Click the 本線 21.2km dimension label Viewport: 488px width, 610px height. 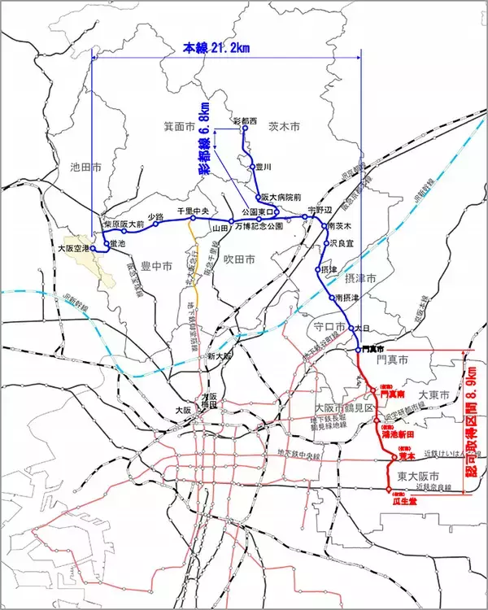(216, 48)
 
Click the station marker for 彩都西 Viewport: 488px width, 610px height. (243, 128)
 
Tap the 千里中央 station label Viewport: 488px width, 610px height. (194, 210)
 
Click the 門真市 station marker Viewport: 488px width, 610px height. (358, 349)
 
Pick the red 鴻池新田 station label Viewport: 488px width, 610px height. (399, 434)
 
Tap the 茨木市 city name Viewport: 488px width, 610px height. (284, 127)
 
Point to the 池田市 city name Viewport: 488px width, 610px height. (85, 169)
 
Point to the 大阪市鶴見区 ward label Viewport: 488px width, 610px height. (343, 407)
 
